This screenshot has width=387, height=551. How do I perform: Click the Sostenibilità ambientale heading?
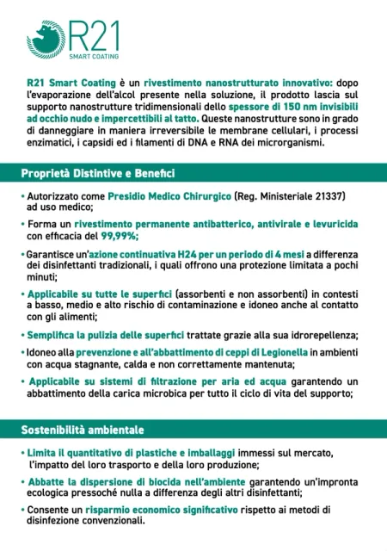point(83,429)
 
